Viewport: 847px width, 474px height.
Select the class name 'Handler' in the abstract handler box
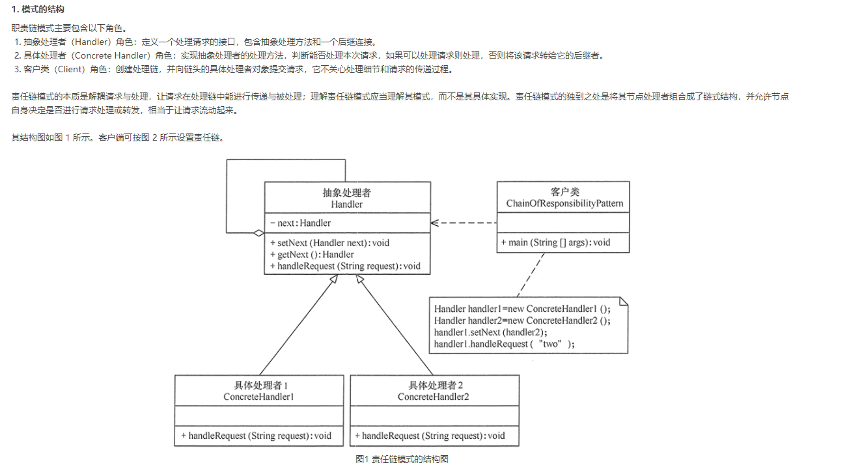[x=346, y=204]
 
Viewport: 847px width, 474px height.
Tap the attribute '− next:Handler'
[x=300, y=223]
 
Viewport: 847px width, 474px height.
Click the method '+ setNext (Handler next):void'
[x=329, y=243]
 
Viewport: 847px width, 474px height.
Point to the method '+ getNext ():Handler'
[x=312, y=255]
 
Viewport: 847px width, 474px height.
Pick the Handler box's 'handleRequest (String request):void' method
[x=345, y=266]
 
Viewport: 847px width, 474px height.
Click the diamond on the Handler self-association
[x=258, y=232]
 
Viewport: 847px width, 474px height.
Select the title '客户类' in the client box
[x=564, y=192]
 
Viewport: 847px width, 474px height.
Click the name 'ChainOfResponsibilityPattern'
[x=564, y=204]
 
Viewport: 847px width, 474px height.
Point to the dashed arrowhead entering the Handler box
[x=435, y=223]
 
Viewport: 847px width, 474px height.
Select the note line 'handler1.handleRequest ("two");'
[x=505, y=344]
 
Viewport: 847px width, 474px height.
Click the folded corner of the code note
[x=623, y=302]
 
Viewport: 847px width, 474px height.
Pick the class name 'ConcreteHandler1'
[x=258, y=397]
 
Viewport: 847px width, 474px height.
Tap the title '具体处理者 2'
[x=435, y=385]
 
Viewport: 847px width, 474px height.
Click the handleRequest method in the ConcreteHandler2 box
[x=430, y=436]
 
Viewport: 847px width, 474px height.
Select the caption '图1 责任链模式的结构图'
[x=402, y=459]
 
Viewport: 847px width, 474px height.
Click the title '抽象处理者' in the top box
[x=346, y=193]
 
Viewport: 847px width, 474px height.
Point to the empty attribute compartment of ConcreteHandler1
[x=258, y=415]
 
